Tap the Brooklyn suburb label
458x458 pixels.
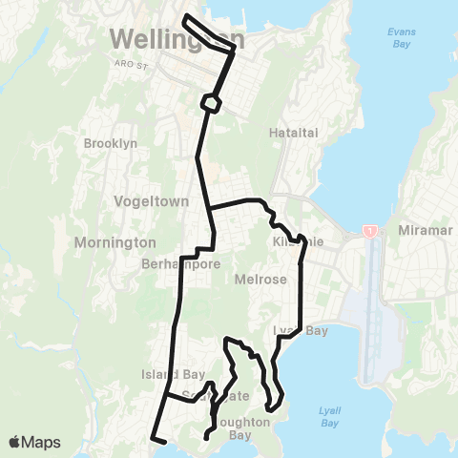tap(112, 143)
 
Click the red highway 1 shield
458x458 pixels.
tap(369, 232)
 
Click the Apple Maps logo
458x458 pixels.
tap(34, 442)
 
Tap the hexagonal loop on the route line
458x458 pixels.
tap(211, 101)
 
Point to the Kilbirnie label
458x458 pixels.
tap(299, 242)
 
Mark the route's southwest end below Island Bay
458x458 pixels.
tap(154, 440)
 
